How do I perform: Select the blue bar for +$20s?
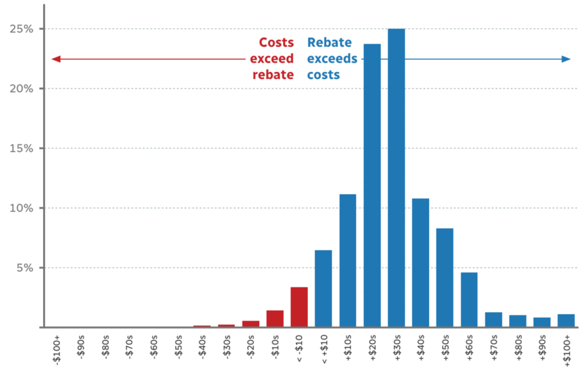pos(372,185)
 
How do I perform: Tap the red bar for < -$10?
pos(299,307)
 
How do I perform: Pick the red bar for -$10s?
pos(274,319)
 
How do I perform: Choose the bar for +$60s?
pos(469,300)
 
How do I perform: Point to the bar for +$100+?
pos(566,321)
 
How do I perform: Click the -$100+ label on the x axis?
pos(57,350)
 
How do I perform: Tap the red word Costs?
pos(276,42)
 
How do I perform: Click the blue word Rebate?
pos(329,42)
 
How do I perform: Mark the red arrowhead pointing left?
pos(56,59)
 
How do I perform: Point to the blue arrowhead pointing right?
pos(566,59)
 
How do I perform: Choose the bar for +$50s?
pos(445,278)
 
